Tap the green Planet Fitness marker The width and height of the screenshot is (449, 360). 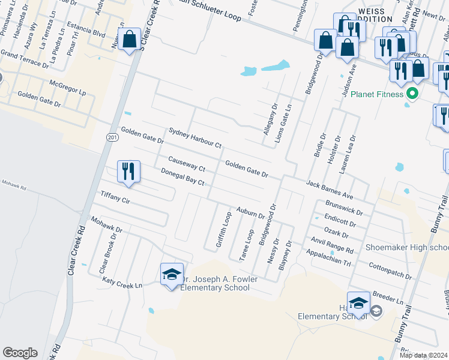click(x=412, y=94)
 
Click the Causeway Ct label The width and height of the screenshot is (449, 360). click(x=187, y=161)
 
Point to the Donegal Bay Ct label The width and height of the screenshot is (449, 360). click(x=183, y=177)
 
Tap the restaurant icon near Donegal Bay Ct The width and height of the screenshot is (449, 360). click(x=128, y=171)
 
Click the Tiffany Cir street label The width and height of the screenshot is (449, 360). click(x=115, y=196)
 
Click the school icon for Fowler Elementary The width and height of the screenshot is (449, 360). click(x=172, y=274)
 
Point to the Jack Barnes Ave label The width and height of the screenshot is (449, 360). click(x=329, y=188)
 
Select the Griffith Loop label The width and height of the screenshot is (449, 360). click(x=223, y=230)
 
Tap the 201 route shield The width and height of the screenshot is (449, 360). click(x=112, y=137)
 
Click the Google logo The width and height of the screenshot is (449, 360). click(x=20, y=353)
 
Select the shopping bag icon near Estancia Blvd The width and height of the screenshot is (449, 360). click(x=129, y=40)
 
